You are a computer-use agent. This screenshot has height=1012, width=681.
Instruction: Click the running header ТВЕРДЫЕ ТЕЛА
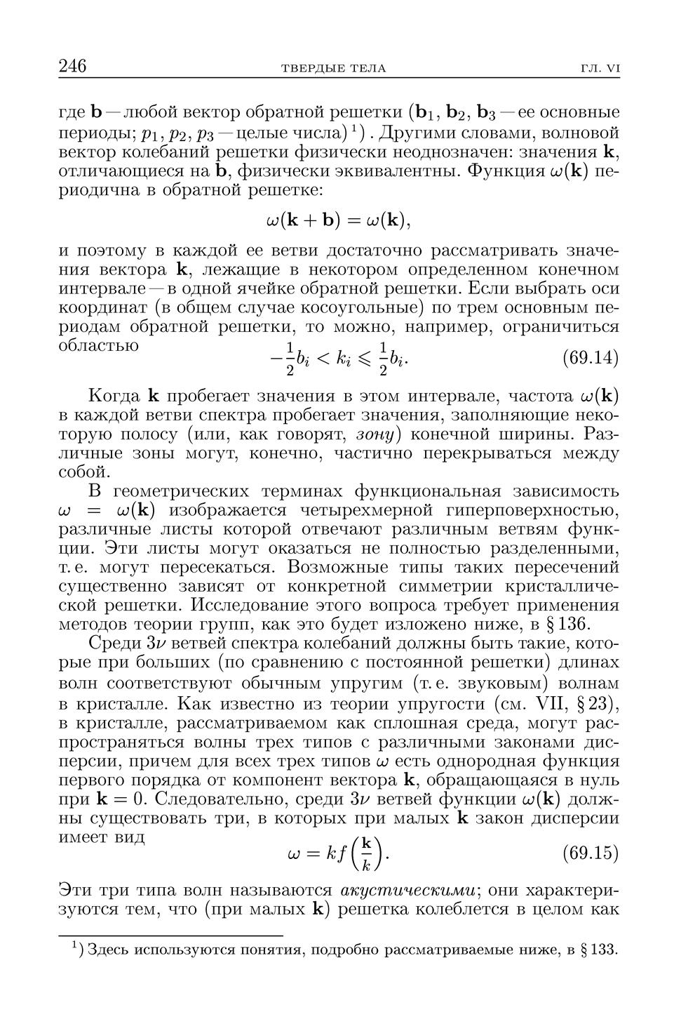coord(333,68)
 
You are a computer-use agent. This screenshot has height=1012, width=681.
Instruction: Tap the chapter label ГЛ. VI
coord(600,68)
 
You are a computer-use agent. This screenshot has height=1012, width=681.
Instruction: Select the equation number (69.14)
coord(591,357)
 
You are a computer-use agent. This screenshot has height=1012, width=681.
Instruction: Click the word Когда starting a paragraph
coord(116,396)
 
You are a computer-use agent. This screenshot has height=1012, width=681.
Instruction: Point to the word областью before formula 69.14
coord(98,345)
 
